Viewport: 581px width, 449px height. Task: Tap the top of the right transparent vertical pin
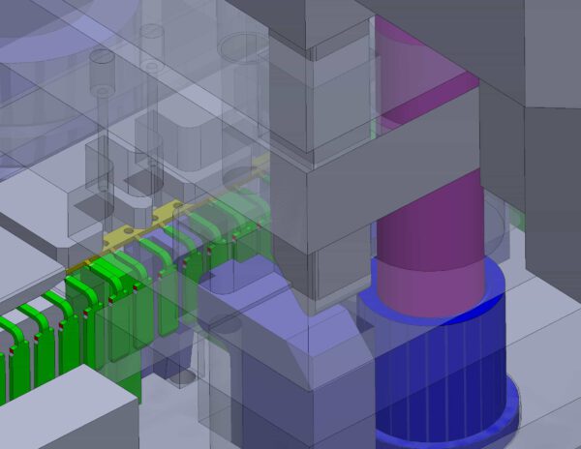click(x=151, y=32)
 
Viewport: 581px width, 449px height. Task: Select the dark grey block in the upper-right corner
click(x=552, y=48)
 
